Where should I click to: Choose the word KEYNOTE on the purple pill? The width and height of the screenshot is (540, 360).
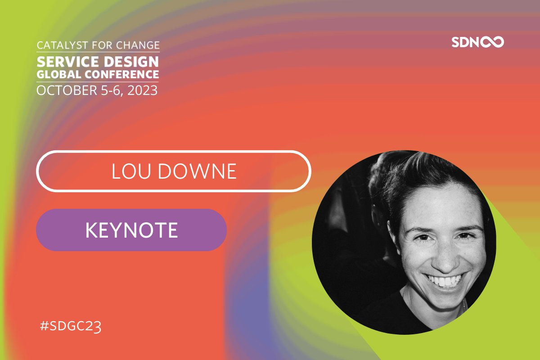(131, 230)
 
